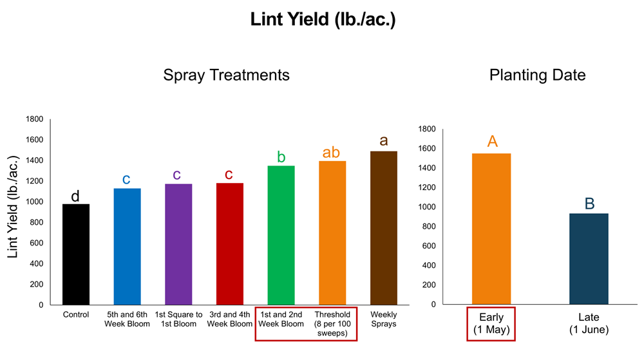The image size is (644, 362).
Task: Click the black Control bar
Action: coord(75,254)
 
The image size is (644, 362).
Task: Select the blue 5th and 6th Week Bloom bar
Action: coord(127,247)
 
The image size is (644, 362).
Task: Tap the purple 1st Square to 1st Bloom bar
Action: coord(178,244)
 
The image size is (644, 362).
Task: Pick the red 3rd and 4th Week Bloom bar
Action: coord(230,244)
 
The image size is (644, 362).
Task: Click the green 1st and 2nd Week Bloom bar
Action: coord(281,235)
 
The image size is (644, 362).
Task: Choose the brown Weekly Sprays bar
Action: coord(383,228)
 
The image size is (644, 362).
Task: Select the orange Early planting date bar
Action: coord(491,229)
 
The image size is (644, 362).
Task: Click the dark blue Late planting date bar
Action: coord(589,259)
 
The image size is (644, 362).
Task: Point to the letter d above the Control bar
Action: coord(75,196)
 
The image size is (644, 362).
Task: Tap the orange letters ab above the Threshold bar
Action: coord(331,153)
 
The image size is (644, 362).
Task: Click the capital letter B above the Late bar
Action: coord(589,204)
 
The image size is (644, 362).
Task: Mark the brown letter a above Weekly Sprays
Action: coord(384,141)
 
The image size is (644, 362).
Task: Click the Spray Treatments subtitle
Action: coord(226,75)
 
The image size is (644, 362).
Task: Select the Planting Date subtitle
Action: coord(537,75)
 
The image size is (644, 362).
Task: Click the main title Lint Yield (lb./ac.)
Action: coord(323,20)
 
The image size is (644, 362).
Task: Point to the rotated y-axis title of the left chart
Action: coord(13,212)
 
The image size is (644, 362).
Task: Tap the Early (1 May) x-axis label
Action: coord(491,323)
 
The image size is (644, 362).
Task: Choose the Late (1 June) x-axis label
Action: coord(589,323)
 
